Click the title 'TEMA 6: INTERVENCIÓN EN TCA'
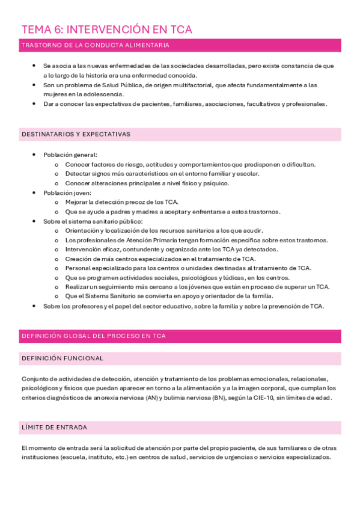click(x=106, y=29)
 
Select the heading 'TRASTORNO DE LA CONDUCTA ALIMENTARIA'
click(x=95, y=45)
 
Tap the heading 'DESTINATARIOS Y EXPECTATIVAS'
click(x=76, y=134)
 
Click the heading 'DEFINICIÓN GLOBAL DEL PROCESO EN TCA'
click(x=93, y=336)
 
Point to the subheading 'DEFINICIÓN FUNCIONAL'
click(x=62, y=358)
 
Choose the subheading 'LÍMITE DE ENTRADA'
click(x=54, y=428)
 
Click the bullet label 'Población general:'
click(x=70, y=155)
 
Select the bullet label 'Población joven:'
click(x=67, y=192)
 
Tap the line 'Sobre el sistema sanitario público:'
click(x=93, y=221)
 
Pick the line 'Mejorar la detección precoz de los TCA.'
click(x=121, y=202)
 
